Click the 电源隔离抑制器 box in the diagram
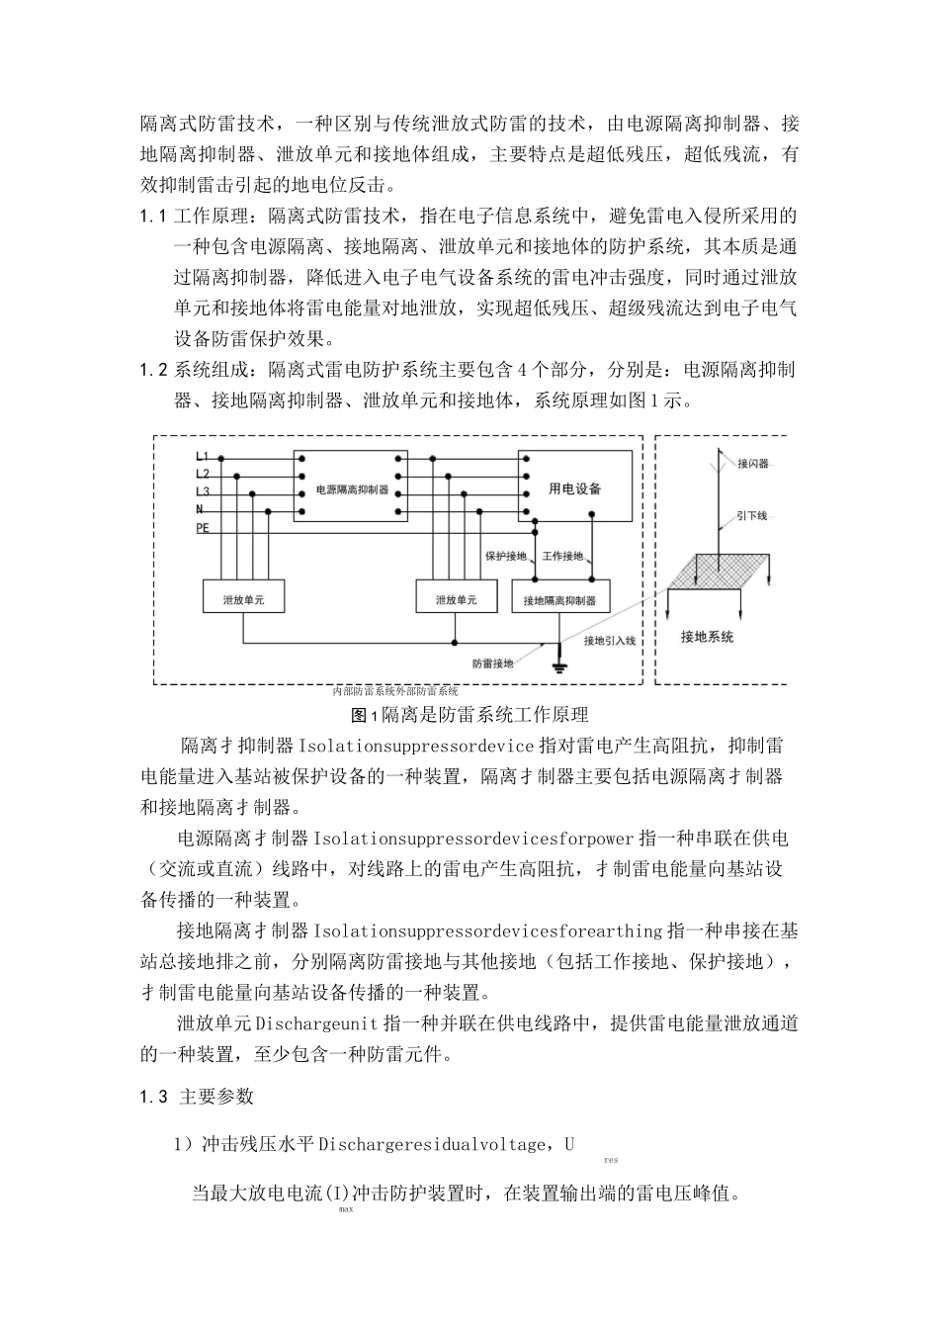pos(351,489)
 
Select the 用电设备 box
pos(575,488)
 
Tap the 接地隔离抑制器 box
pos(560,600)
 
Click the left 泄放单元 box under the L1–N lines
pos(246,599)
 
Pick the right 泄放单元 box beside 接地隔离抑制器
pos(456,599)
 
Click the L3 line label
pos(203,491)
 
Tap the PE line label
pos(203,529)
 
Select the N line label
pos(200,509)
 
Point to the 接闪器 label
pos(752,463)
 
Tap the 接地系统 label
pos(707,637)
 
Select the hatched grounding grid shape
pos(729,569)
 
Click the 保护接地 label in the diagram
pos(505,557)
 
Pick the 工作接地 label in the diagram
pos(563,557)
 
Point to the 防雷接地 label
pos(493,664)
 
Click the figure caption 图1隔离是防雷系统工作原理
pos(469,714)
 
